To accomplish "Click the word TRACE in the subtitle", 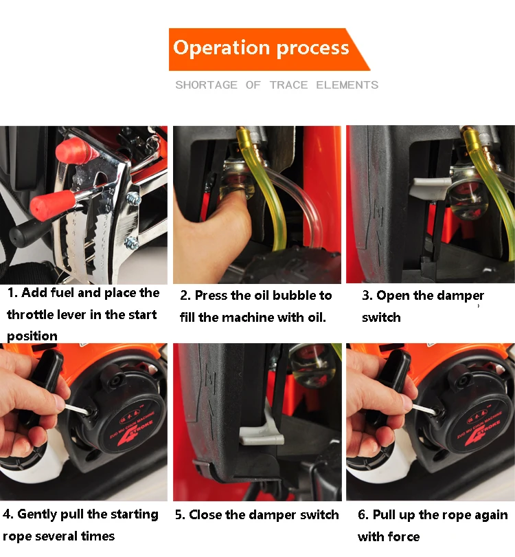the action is coord(288,85).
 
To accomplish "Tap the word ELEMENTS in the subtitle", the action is coord(347,85).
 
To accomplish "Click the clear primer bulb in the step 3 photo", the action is coord(467,199).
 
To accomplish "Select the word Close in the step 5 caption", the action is coord(205,515).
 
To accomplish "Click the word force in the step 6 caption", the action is coord(404,536).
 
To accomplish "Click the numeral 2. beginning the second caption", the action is coord(185,296).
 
